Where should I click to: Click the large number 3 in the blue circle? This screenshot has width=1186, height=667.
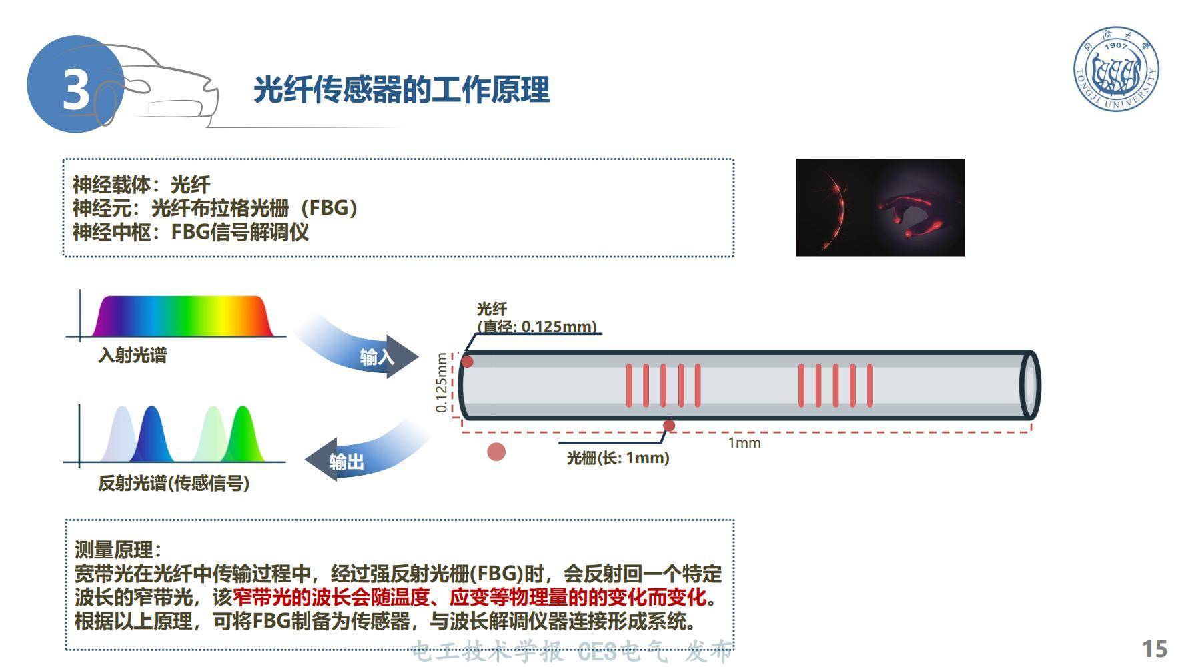point(76,89)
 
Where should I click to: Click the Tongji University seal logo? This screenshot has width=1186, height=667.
point(1116,69)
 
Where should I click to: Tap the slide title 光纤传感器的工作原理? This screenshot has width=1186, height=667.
point(402,89)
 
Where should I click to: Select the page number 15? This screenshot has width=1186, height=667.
point(1155,648)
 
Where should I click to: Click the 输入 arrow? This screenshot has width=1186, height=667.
point(376,356)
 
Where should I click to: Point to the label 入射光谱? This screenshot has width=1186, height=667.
point(132,355)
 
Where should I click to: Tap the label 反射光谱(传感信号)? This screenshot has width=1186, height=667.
point(173,483)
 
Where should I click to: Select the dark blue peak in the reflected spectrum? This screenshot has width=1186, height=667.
point(151,437)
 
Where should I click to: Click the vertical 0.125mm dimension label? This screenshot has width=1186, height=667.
point(441,382)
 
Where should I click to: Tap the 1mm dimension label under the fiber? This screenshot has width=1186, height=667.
point(744,443)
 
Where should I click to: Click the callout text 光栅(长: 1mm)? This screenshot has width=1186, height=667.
point(618,458)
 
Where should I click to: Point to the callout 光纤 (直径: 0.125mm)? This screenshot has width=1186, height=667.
point(536,318)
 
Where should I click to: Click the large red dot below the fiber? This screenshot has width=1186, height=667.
point(496,452)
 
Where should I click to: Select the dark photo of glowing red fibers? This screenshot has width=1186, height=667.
point(880,207)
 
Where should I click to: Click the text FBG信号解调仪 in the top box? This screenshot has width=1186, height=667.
point(240,232)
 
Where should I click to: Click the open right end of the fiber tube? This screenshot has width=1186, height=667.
point(1029,385)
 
